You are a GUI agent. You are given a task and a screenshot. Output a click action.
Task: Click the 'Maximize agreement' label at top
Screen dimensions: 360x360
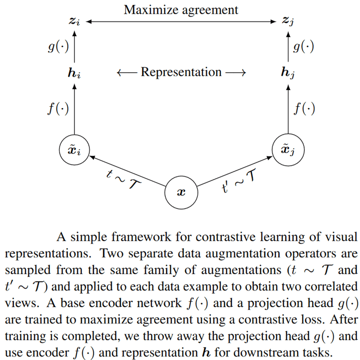click(x=181, y=9)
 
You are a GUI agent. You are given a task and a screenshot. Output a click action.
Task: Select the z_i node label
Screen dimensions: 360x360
click(x=75, y=21)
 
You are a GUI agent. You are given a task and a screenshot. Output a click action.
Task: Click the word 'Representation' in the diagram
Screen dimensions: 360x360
click(x=181, y=72)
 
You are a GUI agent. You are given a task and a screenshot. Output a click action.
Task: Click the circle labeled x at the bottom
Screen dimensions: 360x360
click(x=181, y=193)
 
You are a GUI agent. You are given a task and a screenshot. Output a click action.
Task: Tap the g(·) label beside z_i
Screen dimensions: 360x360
click(x=58, y=47)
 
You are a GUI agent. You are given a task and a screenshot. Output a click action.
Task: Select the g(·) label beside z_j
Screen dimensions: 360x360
click(x=303, y=47)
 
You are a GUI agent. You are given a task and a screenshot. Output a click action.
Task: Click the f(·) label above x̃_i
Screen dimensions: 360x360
click(x=58, y=109)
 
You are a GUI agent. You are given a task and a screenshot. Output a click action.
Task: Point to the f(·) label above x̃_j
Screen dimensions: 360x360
click(x=304, y=109)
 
